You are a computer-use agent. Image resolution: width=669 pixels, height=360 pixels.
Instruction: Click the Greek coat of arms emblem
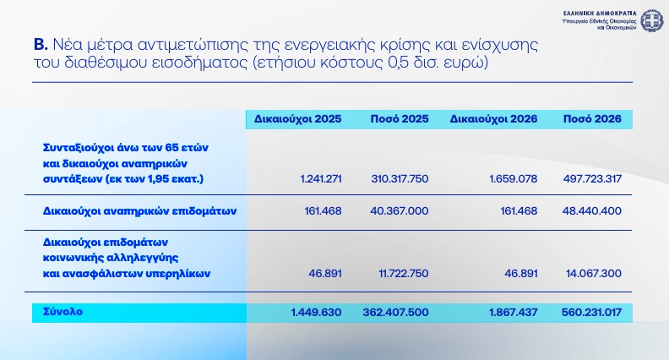651,19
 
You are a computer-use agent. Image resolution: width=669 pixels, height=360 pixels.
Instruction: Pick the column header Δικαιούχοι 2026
494,119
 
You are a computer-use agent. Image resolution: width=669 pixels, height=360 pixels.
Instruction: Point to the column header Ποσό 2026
593,119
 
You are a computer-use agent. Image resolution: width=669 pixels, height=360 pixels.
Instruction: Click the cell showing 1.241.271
321,179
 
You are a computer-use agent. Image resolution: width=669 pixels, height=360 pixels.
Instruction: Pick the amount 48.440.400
595,210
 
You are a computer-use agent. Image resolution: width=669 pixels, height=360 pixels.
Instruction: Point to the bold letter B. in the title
40,45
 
